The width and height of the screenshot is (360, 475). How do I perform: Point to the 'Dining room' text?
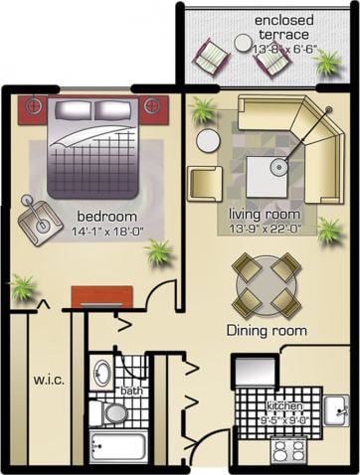(x=266, y=331)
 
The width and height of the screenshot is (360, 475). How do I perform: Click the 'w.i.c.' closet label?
(x=48, y=379)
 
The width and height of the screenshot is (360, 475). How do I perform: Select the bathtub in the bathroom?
(x=118, y=447)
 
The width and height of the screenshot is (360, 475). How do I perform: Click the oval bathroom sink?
(x=102, y=375)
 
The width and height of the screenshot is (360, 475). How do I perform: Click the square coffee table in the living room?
(x=268, y=177)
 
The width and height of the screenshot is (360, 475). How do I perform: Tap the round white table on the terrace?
(x=244, y=43)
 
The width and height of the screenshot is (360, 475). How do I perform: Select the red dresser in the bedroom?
(x=101, y=296)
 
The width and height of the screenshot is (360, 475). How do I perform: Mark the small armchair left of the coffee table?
(x=205, y=183)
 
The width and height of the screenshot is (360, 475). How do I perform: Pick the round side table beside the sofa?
(x=208, y=140)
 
